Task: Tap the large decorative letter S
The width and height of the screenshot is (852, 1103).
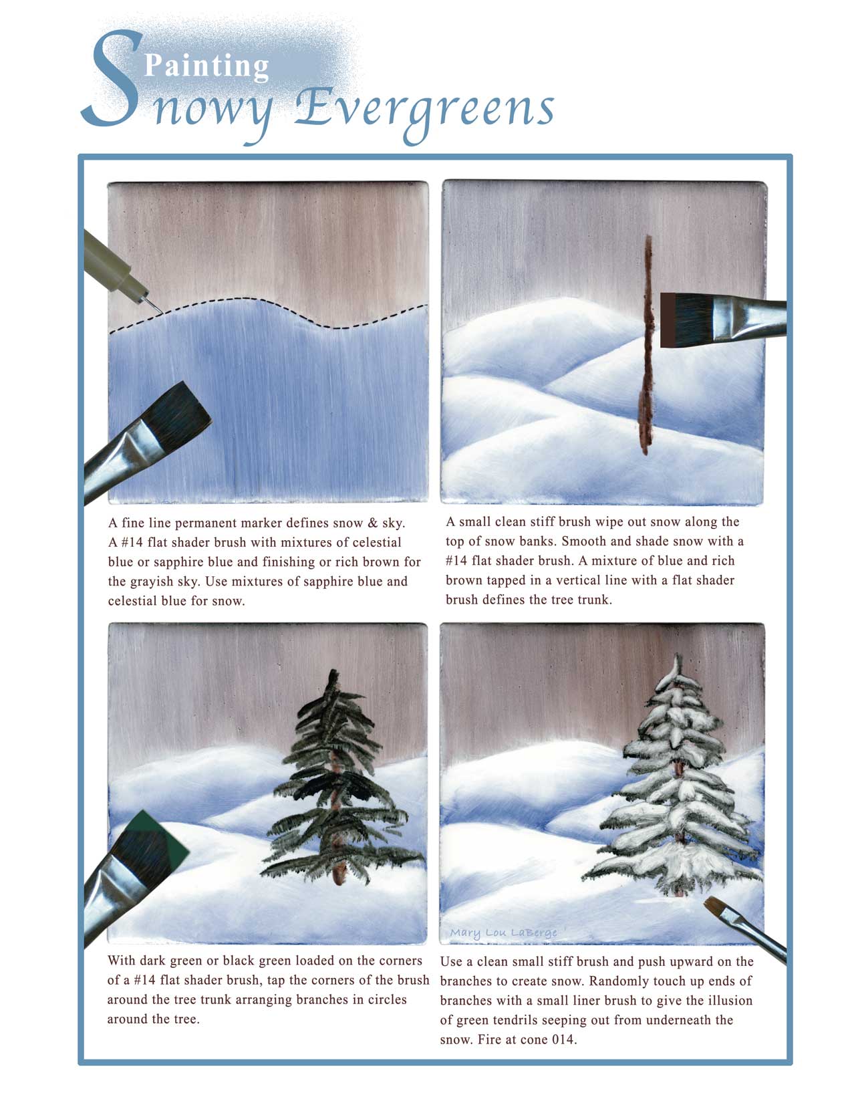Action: [x=111, y=78]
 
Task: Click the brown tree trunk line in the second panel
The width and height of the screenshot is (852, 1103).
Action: [x=646, y=345]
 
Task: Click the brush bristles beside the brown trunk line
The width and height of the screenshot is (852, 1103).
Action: [x=687, y=320]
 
